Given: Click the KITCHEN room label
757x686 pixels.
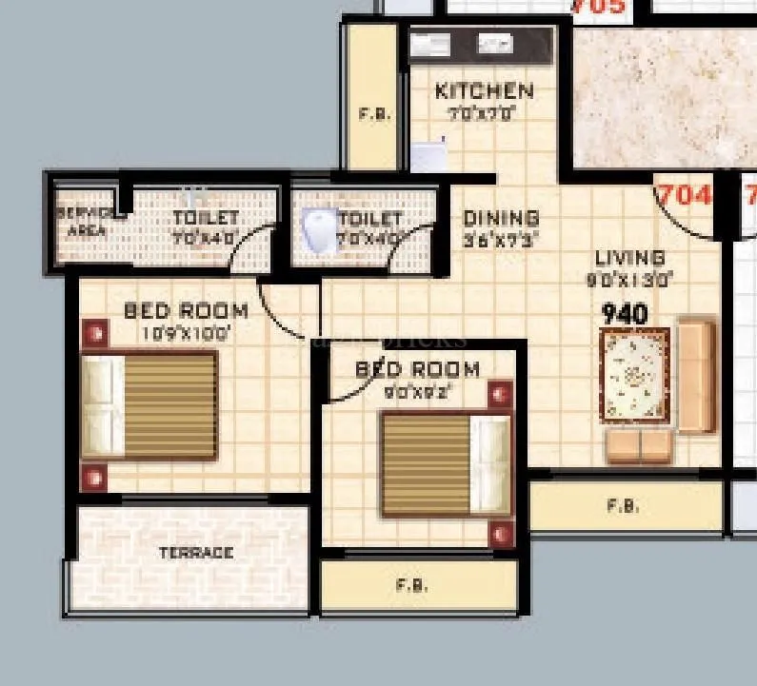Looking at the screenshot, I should tap(484, 91).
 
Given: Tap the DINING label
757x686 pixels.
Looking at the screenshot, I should tap(501, 219).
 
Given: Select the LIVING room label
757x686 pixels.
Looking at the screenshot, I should tap(629, 258).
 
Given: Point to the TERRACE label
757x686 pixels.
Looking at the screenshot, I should tap(196, 553).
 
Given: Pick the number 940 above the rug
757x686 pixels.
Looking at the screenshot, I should tap(625, 314).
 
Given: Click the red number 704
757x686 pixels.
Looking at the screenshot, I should tap(686, 195).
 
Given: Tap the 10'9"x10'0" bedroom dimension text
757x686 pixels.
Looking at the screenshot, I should tap(185, 333).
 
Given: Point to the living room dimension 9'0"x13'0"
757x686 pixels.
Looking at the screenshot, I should tap(629, 280).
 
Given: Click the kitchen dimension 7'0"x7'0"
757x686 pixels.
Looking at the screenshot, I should tap(482, 113).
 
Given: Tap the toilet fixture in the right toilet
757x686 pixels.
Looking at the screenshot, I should tap(317, 230).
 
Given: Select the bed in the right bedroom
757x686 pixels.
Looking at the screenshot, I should tap(445, 464).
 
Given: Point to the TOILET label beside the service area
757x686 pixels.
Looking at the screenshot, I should tap(205, 219).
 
